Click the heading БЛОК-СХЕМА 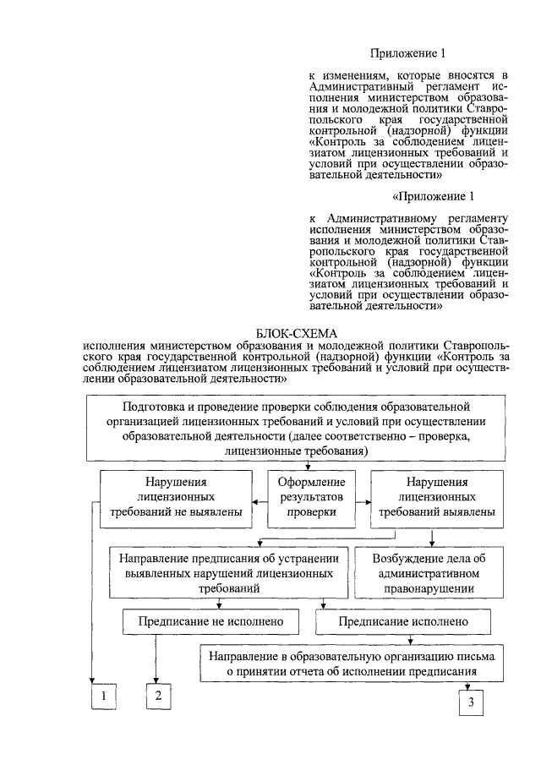click(295, 332)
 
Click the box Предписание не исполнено click(210, 621)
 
